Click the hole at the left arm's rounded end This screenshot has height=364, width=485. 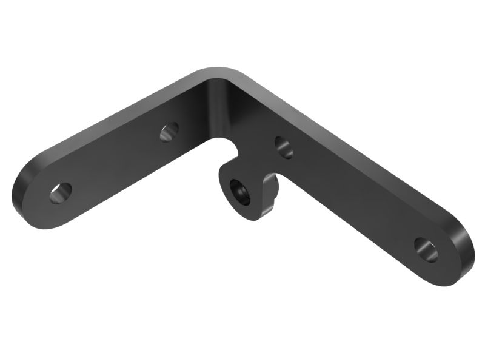(x=61, y=193)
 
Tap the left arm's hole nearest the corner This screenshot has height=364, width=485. (x=169, y=131)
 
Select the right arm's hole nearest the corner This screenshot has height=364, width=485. (x=283, y=147)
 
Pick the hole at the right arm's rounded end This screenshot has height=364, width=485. (x=426, y=249)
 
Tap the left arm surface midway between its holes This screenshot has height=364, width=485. (x=115, y=161)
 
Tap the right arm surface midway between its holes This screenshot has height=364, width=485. (x=355, y=197)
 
